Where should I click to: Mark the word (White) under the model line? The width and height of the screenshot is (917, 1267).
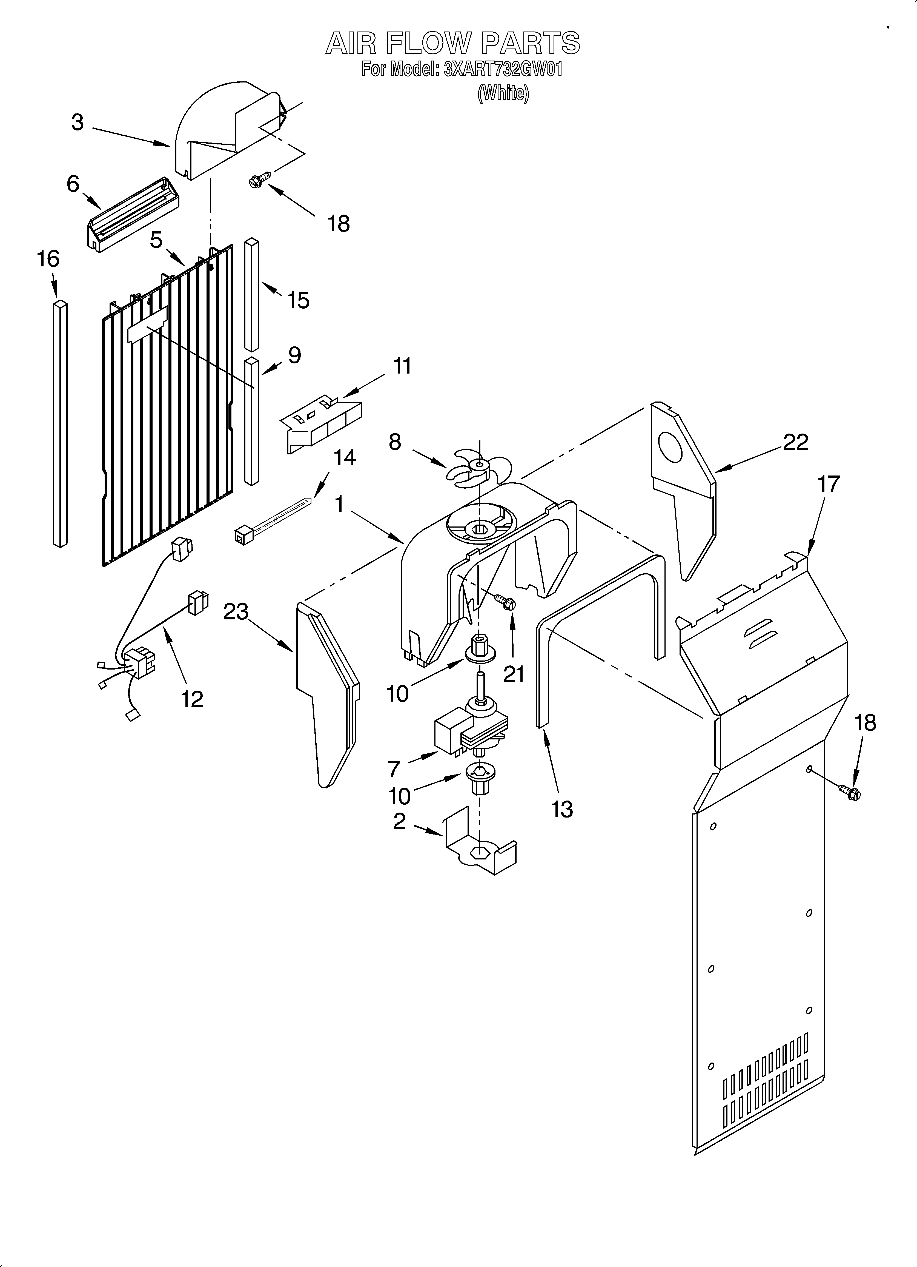click(503, 93)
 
